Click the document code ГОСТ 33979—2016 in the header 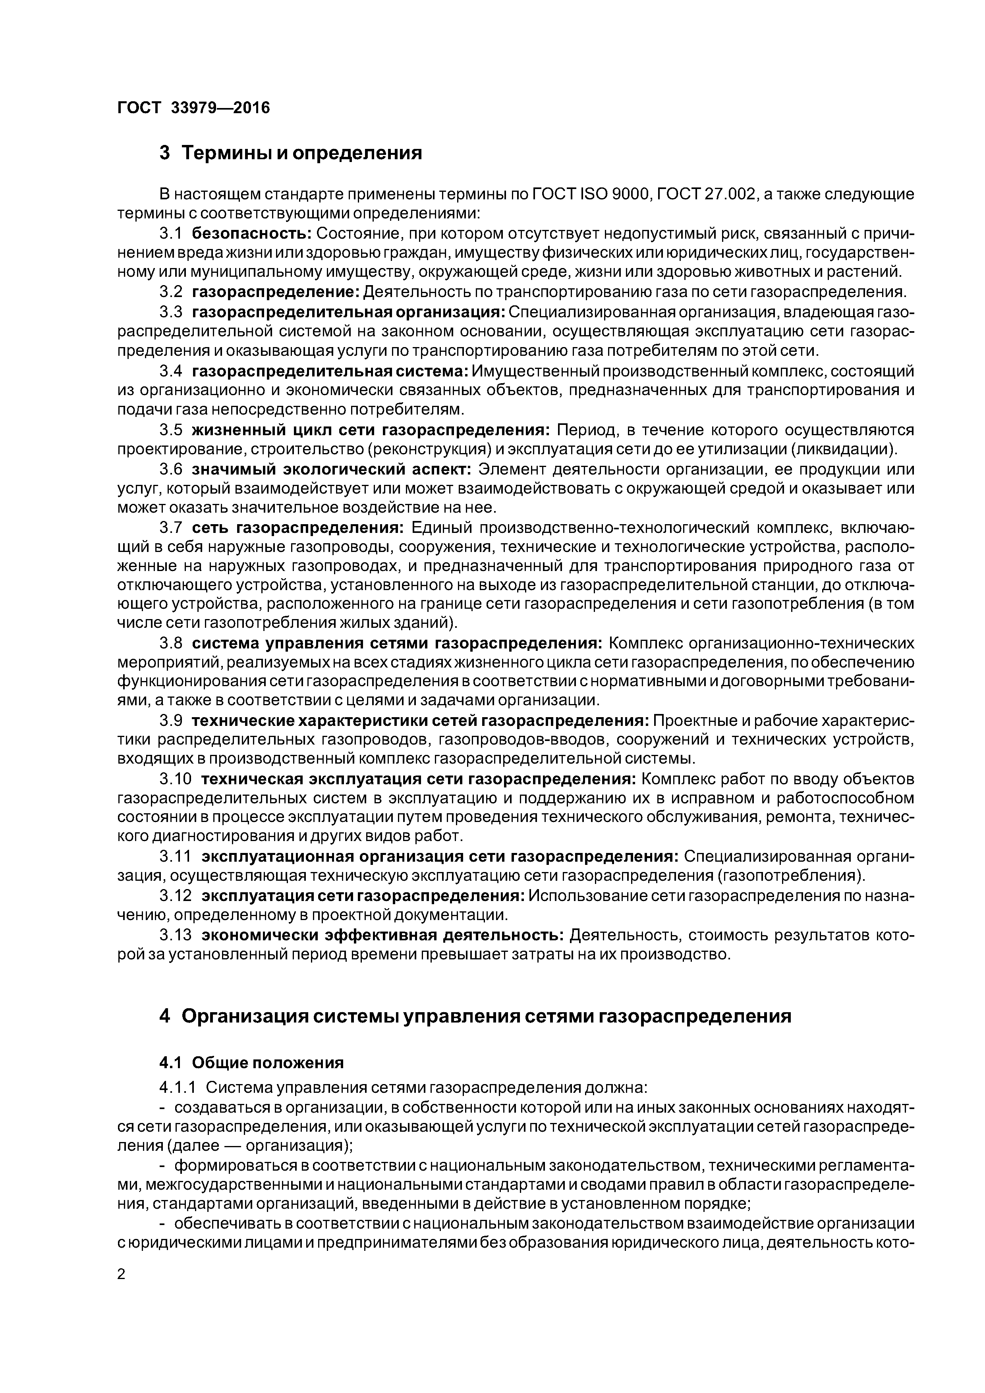coord(193,108)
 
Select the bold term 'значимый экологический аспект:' coord(331,469)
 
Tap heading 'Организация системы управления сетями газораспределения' coord(486,1016)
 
